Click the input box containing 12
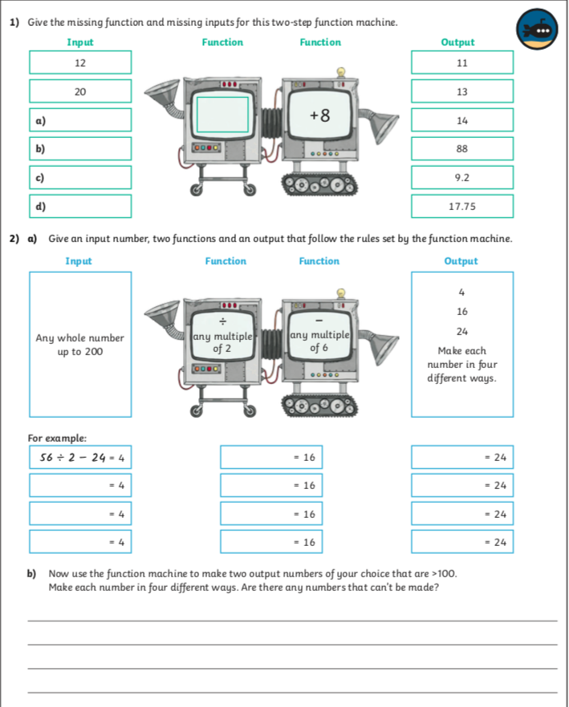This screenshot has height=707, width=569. [x=80, y=63]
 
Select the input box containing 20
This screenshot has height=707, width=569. [x=80, y=91]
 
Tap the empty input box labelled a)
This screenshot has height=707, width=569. [x=80, y=120]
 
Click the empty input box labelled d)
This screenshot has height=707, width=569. [x=80, y=206]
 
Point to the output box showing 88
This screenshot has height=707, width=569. [x=461, y=149]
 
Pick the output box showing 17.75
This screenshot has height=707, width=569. [x=461, y=206]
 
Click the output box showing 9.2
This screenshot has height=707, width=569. [x=461, y=177]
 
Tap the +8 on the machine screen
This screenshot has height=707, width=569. [x=319, y=115]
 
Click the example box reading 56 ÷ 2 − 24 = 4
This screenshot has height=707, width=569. [x=80, y=458]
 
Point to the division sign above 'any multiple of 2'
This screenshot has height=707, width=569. [x=222, y=321]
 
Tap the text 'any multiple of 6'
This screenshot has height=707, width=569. [x=319, y=341]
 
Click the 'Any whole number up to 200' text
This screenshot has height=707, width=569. [x=80, y=345]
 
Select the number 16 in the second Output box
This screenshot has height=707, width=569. [x=461, y=311]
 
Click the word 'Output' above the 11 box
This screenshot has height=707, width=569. [x=457, y=42]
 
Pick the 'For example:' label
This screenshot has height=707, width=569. [x=57, y=438]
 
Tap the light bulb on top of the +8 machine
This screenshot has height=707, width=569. [x=341, y=71]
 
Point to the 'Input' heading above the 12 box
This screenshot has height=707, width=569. [x=80, y=42]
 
